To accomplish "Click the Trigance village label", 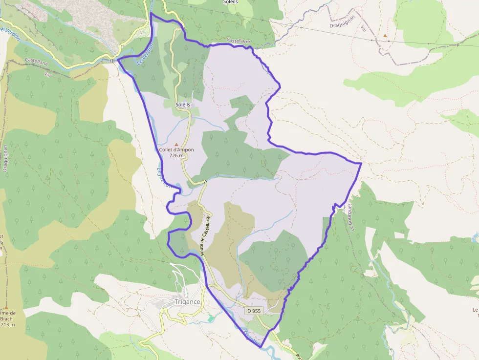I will pos(188,302).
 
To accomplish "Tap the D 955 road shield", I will pos(254,311).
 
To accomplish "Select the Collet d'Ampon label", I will pos(176,150).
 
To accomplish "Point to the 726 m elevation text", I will pos(176,156).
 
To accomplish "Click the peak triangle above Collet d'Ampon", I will pos(176,145).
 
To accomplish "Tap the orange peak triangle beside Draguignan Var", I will pos(385,36).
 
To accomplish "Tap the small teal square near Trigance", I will pos(211,318).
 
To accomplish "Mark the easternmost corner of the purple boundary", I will pos(361,163).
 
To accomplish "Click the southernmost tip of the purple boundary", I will pos(260,348).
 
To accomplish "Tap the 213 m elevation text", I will pos(8,324).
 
